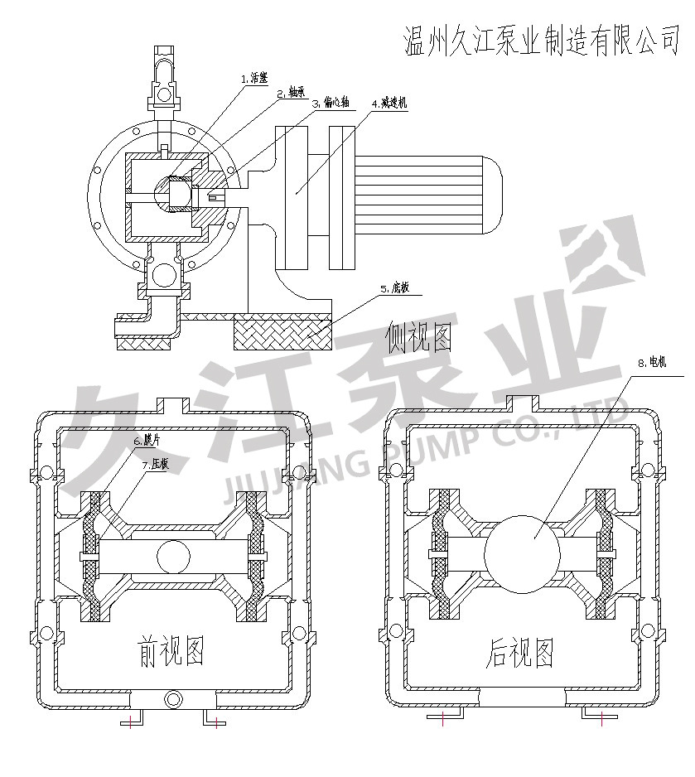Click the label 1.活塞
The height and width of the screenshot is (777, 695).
254,79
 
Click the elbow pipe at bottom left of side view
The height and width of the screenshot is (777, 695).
162,321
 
